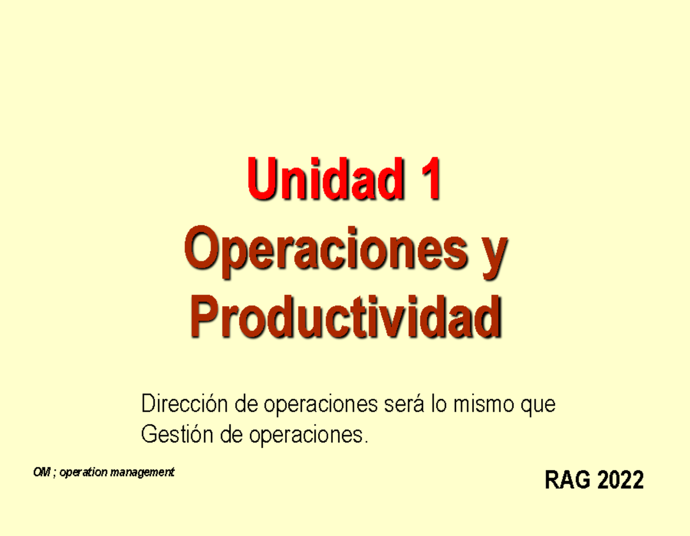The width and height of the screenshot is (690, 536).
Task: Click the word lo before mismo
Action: pos(439,404)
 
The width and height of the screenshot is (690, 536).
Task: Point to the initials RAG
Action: pos(567,480)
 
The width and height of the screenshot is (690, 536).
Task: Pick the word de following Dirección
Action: pos(247,404)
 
